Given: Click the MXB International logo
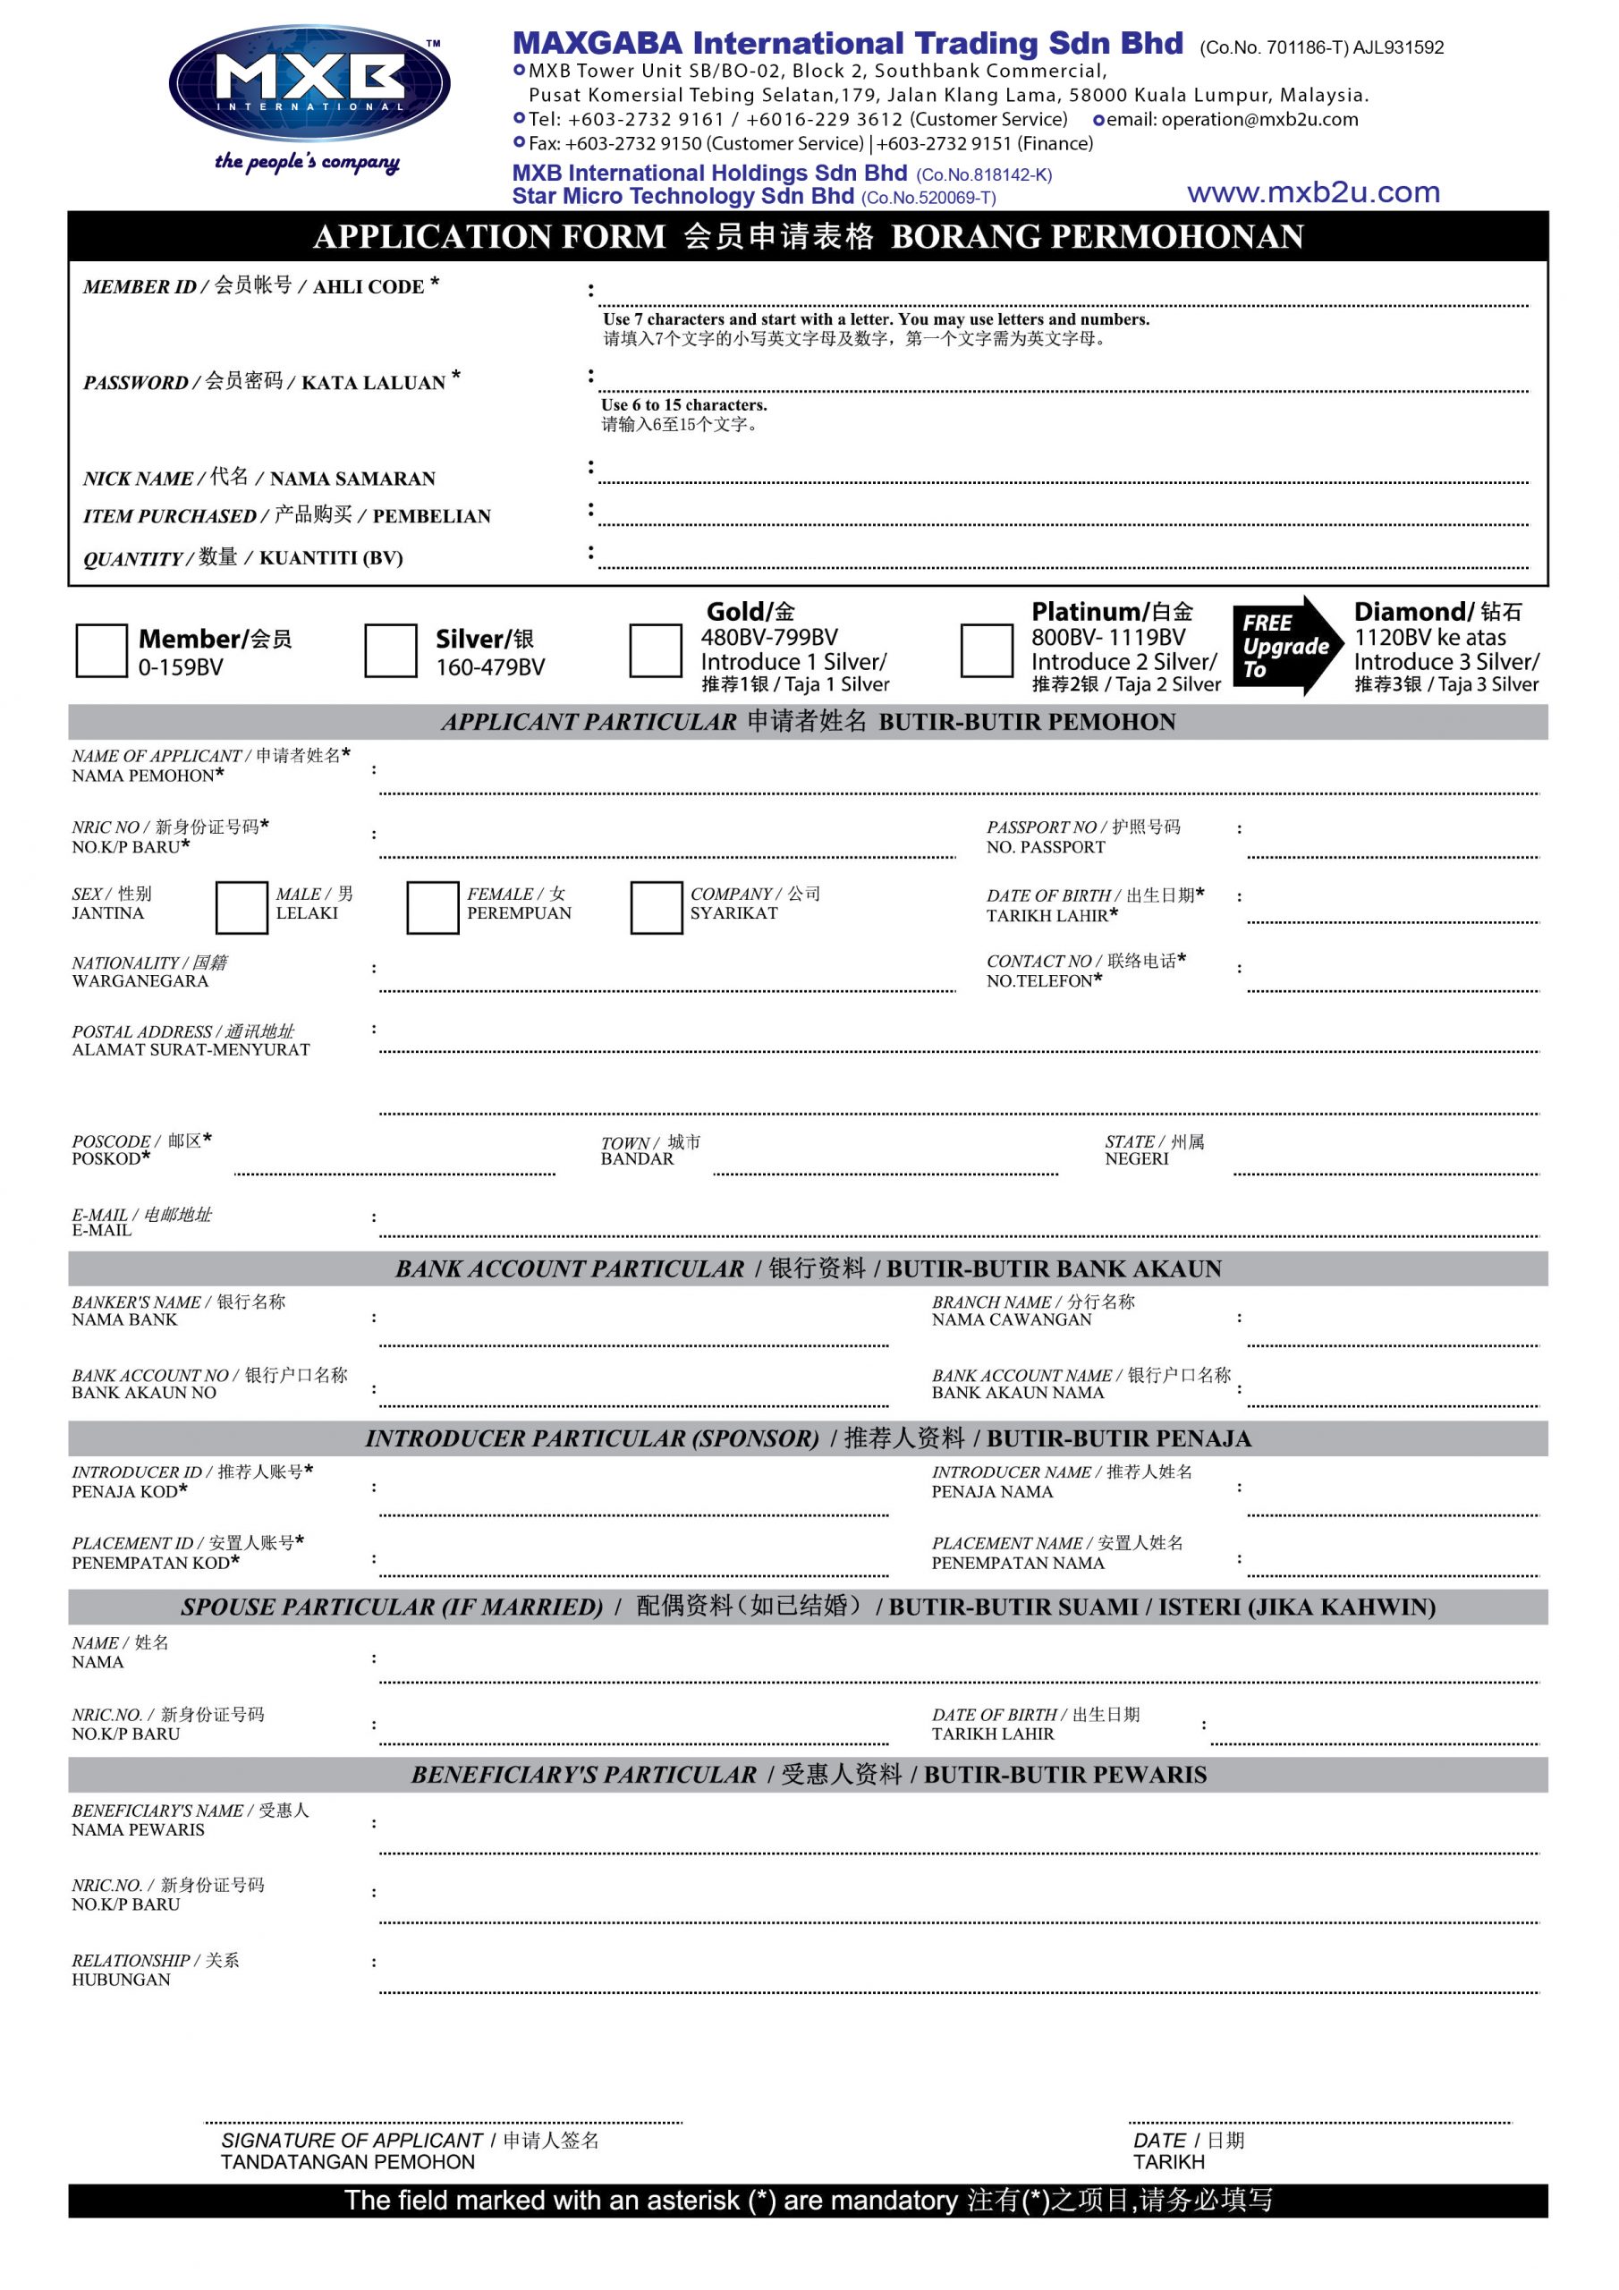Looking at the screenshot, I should (x=309, y=84).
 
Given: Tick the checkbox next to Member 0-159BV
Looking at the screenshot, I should (x=102, y=650).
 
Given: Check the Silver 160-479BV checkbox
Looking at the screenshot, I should (x=390, y=650).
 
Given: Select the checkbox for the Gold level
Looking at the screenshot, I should (x=656, y=650).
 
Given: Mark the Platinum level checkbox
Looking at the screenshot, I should (x=987, y=650).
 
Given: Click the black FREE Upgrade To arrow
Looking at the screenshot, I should (x=1287, y=645).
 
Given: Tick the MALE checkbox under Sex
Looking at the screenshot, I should (x=242, y=907).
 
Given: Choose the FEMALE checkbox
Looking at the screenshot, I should (x=432, y=907).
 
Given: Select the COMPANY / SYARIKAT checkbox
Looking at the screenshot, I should (x=656, y=907).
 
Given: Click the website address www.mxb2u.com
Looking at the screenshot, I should (x=1313, y=192).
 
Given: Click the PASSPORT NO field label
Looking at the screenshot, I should (x=1082, y=835).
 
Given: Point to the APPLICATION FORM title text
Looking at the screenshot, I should (x=488, y=236).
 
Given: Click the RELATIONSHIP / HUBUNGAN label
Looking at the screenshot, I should (x=155, y=1969).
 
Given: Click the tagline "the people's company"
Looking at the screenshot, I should (x=307, y=162).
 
